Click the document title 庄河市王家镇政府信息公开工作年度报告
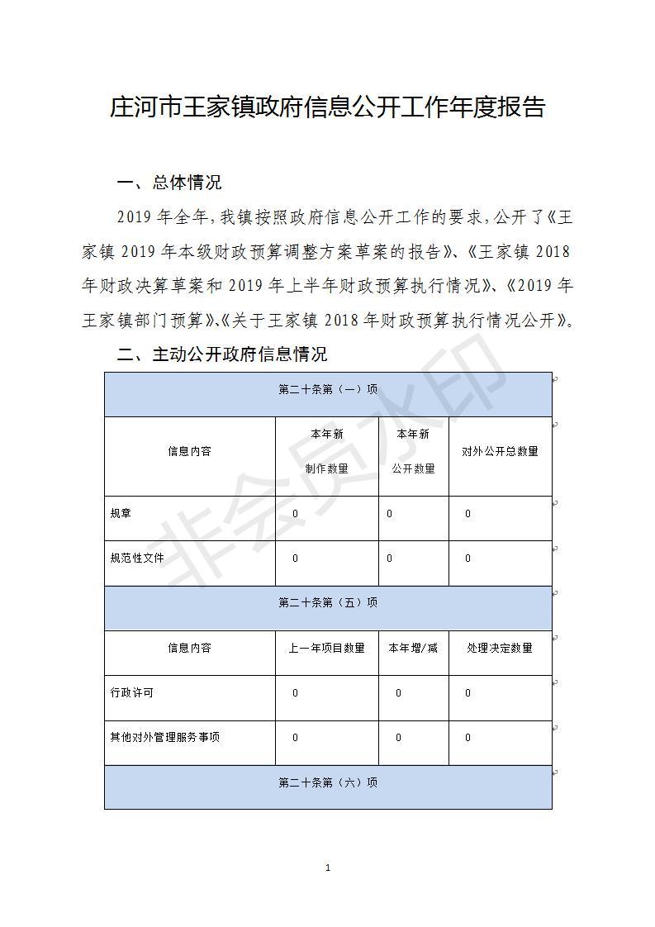click(327, 108)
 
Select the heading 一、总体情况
click(169, 183)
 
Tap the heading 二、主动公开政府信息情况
click(222, 354)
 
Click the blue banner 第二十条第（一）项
click(328, 390)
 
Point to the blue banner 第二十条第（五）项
click(328, 603)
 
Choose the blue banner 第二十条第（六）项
click(328, 782)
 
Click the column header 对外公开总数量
click(500, 451)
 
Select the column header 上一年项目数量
click(326, 648)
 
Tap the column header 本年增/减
click(413, 648)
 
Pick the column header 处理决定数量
click(500, 648)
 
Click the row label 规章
click(121, 514)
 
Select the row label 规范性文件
click(137, 559)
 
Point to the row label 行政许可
click(131, 692)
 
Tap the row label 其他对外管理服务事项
click(164, 737)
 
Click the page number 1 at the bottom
click(328, 868)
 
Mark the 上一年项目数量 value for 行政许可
click(295, 693)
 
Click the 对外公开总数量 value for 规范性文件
click(468, 559)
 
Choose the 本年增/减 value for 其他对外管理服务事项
click(398, 738)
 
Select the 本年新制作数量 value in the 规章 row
click(295, 514)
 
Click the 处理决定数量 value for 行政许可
click(468, 693)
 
